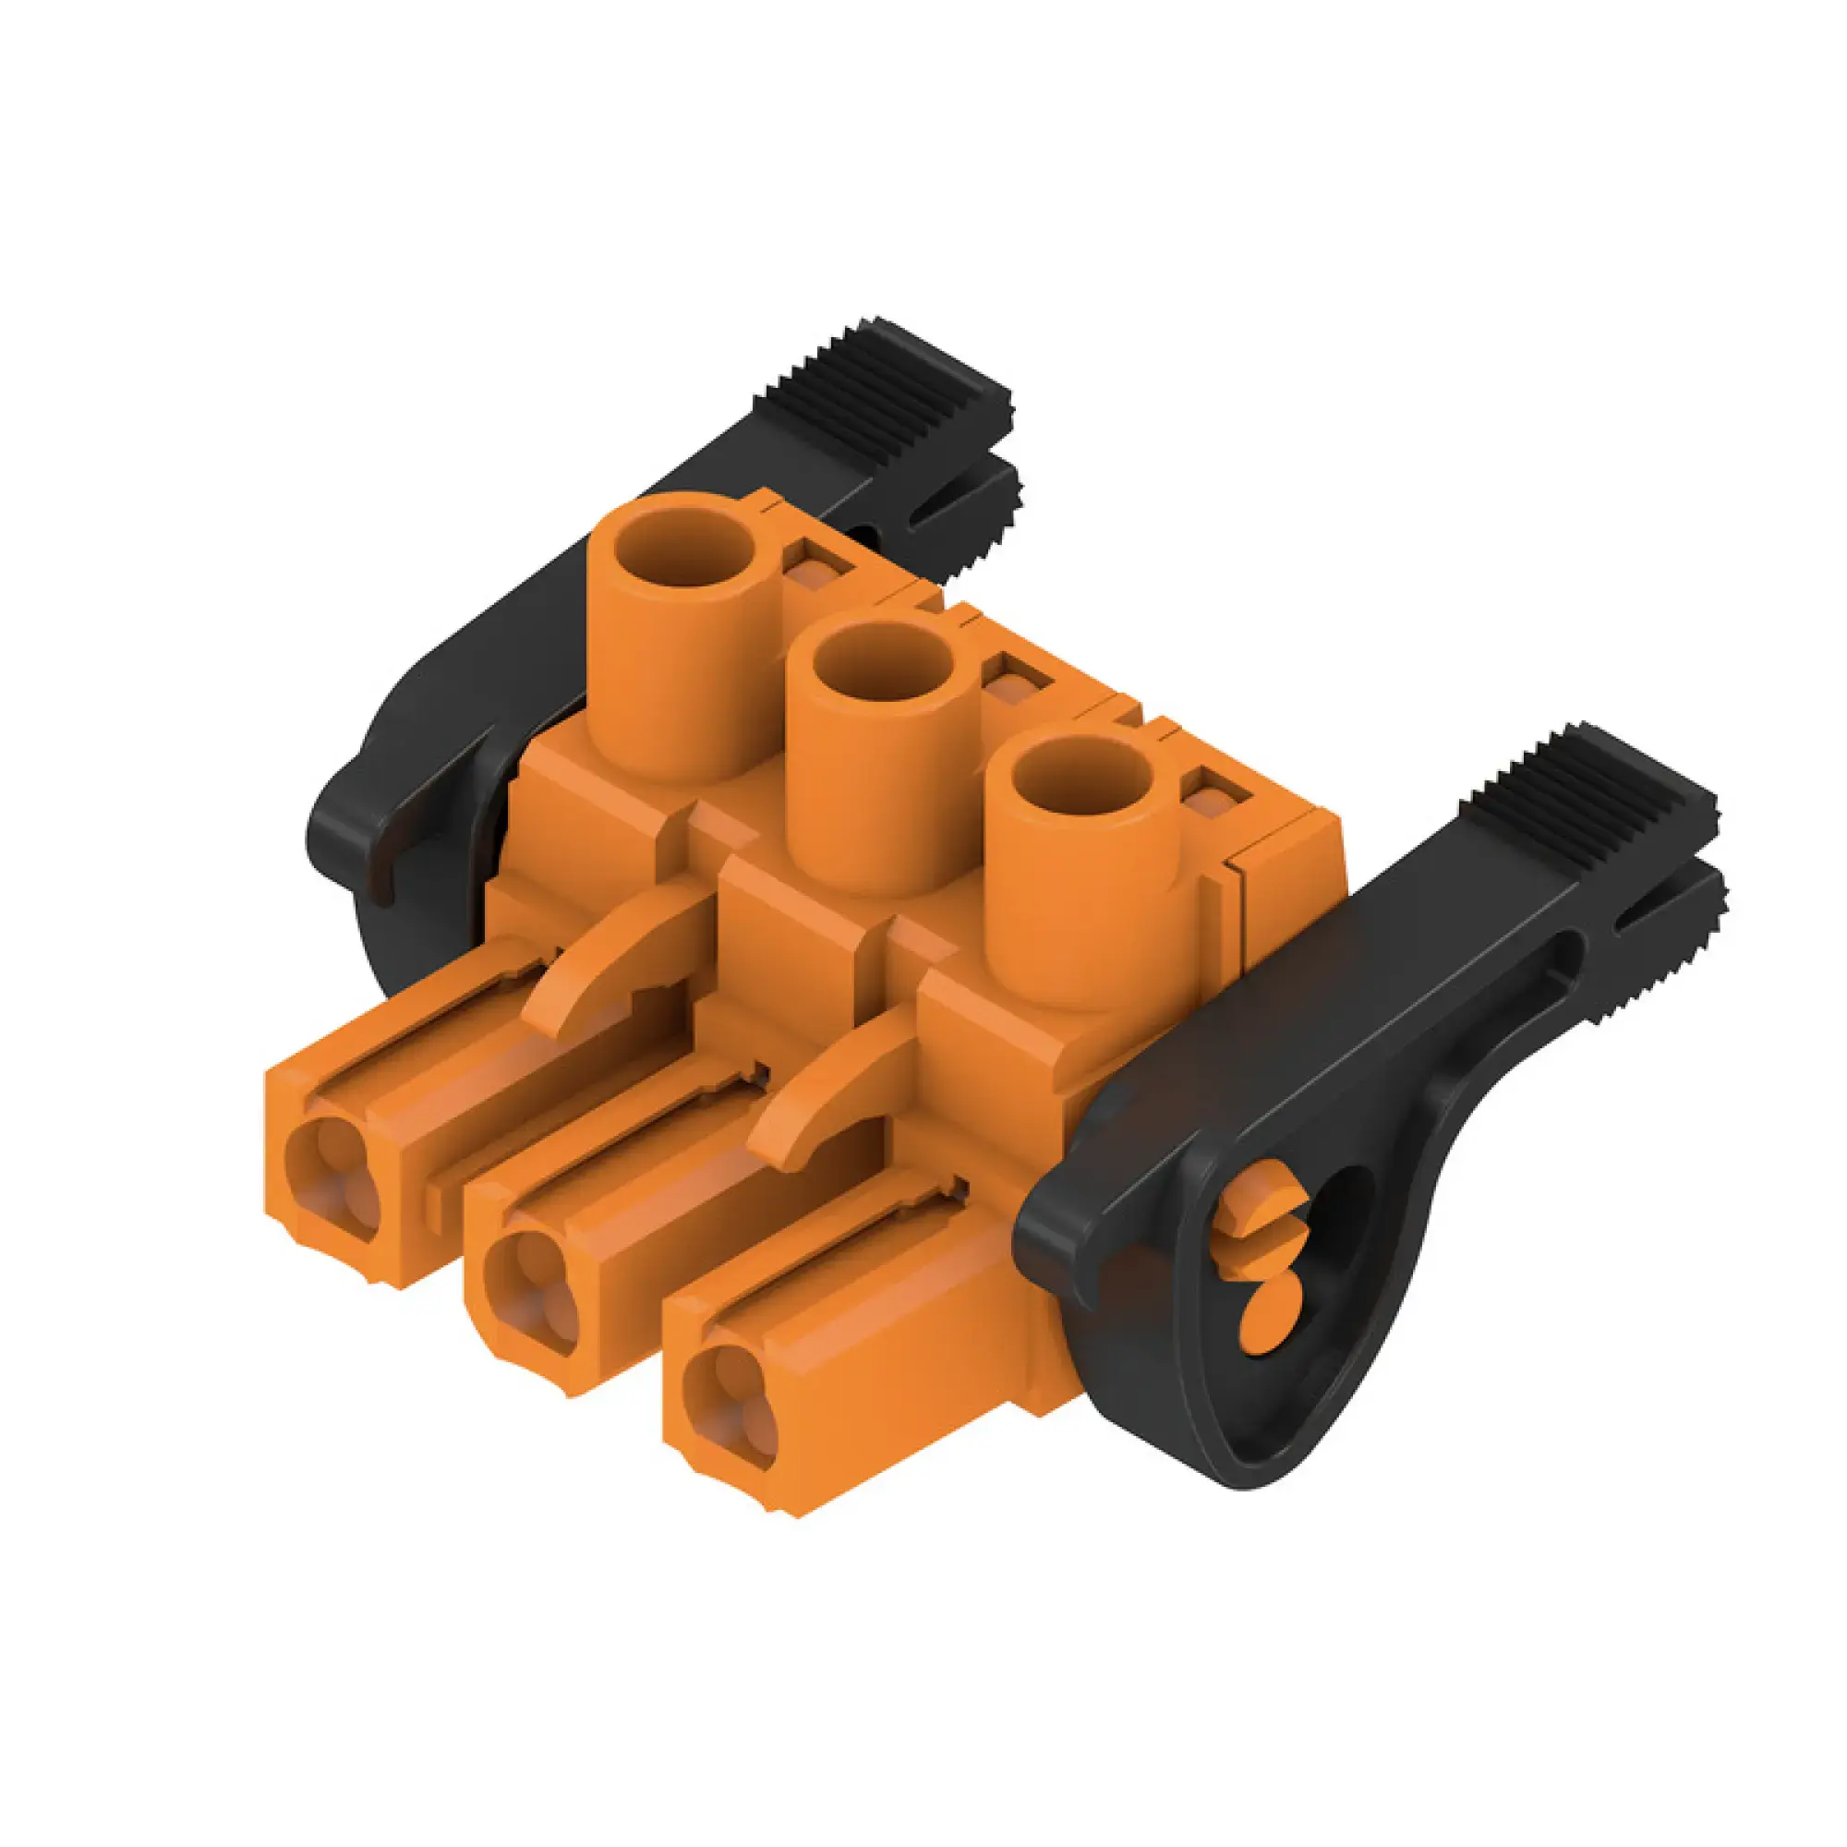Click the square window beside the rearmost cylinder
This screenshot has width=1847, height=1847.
[815, 572]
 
